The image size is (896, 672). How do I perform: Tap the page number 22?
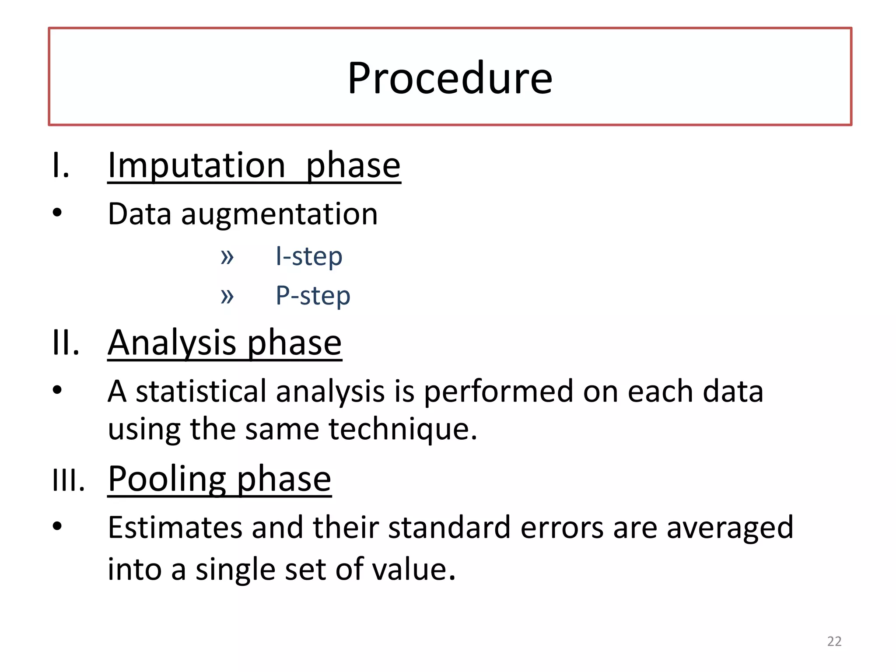(x=834, y=641)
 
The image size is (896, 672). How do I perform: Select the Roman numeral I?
(x=60, y=165)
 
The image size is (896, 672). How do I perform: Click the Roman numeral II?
(x=66, y=343)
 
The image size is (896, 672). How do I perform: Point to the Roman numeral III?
(x=68, y=480)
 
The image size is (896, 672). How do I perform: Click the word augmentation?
(x=279, y=214)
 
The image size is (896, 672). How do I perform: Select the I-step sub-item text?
(x=309, y=256)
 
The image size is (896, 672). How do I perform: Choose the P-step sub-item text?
(x=313, y=296)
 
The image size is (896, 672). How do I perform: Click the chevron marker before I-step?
(x=227, y=257)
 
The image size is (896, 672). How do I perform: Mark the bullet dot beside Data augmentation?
(x=57, y=213)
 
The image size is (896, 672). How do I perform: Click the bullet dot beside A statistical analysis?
(x=57, y=390)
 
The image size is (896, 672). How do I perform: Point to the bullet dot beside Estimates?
(x=57, y=526)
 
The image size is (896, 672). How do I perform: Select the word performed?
(x=498, y=391)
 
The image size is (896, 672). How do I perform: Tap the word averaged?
(x=729, y=528)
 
